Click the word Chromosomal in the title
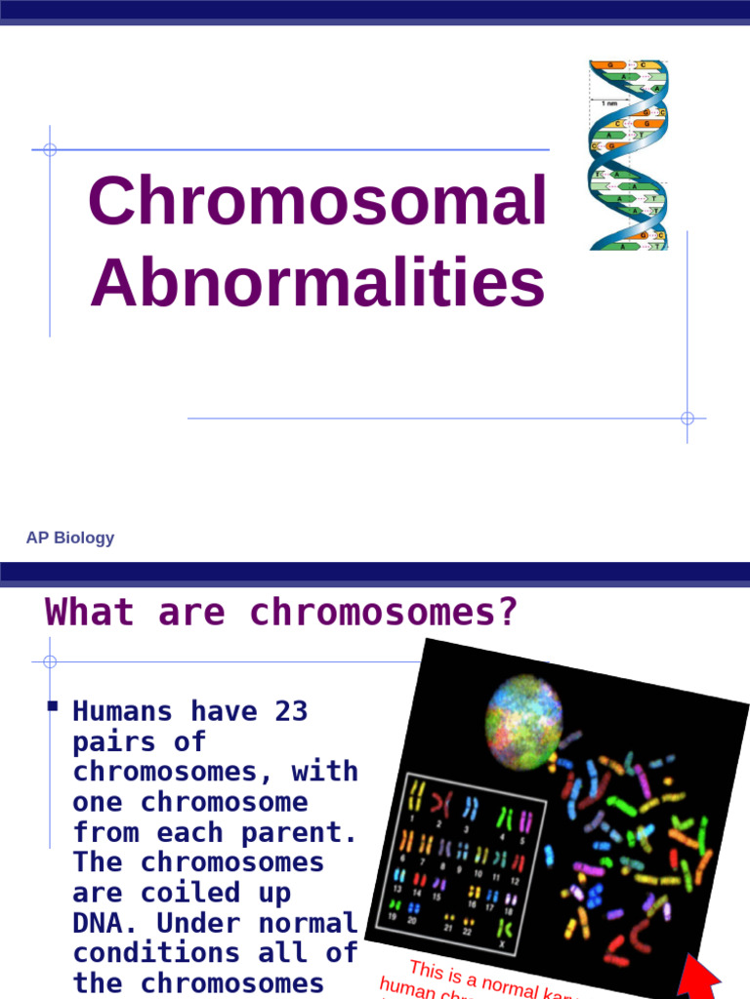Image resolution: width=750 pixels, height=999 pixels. pyautogui.click(x=316, y=202)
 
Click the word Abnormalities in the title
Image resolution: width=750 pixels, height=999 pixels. pyautogui.click(x=316, y=283)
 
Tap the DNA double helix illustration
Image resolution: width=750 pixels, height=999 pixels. pyautogui.click(x=628, y=155)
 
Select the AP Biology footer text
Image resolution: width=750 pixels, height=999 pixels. pyautogui.click(x=70, y=538)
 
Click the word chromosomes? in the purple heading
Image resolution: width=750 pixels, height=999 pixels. pyautogui.click(x=383, y=613)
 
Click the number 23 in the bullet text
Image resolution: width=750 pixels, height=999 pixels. pyautogui.click(x=291, y=711)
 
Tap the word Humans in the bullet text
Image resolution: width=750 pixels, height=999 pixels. pyautogui.click(x=122, y=711)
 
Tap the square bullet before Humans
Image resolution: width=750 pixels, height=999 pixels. pyautogui.click(x=52, y=705)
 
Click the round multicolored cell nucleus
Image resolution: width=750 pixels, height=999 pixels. pyautogui.click(x=523, y=721)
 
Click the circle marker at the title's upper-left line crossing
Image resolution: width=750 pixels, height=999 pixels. pyautogui.click(x=50, y=150)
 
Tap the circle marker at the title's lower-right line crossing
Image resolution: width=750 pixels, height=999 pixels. pyautogui.click(x=687, y=419)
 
